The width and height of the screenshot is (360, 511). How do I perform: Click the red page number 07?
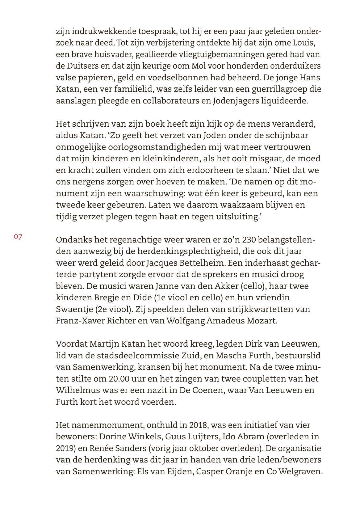click(18, 237)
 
